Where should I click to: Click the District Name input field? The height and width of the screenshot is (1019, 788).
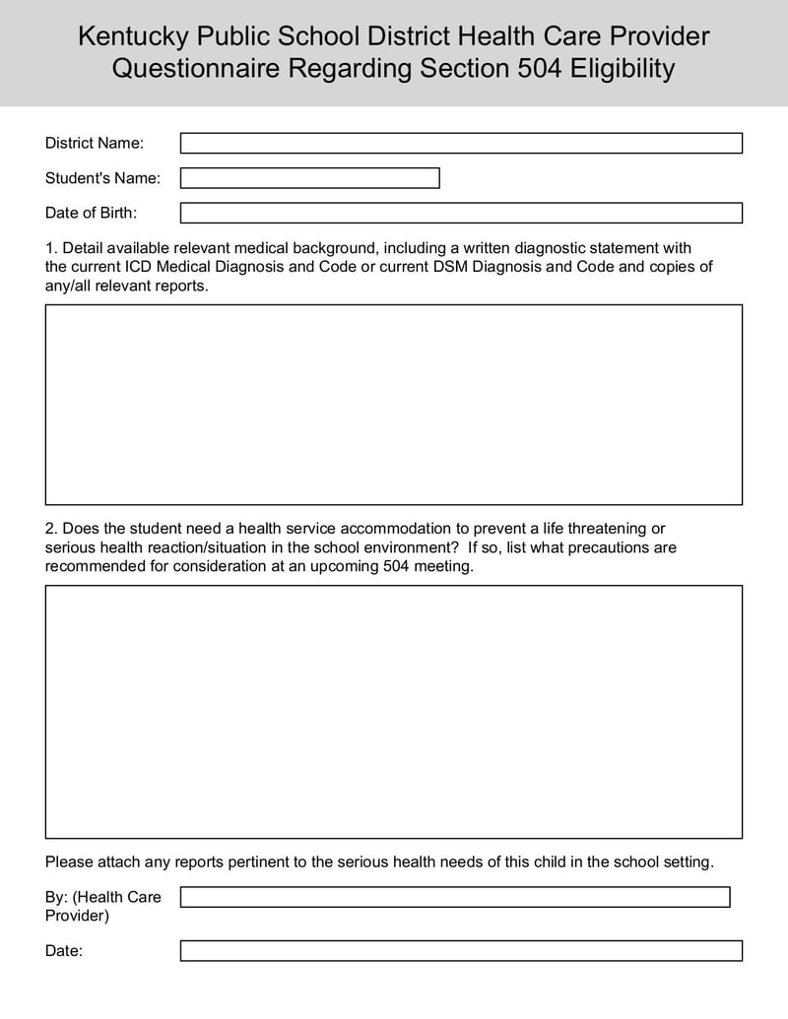pos(461,144)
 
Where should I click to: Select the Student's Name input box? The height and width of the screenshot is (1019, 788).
pos(309,178)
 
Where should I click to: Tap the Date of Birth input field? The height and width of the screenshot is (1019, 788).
pos(461,213)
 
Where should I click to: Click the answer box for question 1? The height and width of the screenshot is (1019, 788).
pos(394,405)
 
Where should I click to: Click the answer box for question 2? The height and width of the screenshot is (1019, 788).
pos(394,712)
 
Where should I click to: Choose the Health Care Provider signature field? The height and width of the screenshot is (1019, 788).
pos(455,897)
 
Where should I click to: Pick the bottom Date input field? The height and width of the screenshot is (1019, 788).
pos(461,951)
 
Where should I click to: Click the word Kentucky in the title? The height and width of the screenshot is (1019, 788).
pos(133,37)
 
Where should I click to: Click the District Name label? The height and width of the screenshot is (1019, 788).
pos(95,144)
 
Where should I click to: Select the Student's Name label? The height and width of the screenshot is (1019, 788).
pos(102,178)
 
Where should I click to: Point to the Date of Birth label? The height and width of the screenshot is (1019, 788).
pos(92,213)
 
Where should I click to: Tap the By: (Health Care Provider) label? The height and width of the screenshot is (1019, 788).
pos(103,906)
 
